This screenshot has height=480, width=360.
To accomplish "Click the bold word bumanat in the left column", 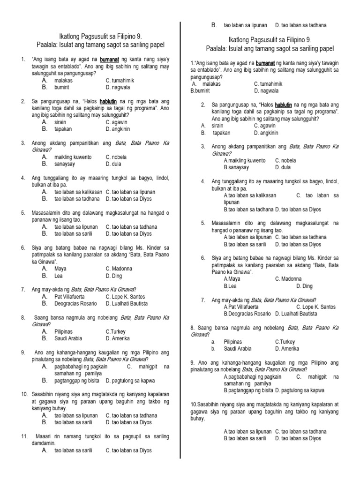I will [109, 60].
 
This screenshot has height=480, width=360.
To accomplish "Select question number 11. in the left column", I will [25, 436].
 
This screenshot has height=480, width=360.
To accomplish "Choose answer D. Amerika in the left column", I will [118, 338].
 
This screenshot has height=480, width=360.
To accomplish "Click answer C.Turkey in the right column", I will [285, 342].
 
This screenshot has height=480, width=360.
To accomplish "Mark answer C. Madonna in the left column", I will [119, 269].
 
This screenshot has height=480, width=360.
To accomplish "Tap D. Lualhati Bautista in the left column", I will [127, 303].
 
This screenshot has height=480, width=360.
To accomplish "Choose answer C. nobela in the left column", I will [117, 157].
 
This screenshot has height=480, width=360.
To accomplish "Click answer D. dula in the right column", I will [283, 167].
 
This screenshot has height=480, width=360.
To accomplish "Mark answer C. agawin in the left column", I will [117, 122].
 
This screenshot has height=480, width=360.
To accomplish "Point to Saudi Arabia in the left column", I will [68, 338].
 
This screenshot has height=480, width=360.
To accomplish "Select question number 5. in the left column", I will [23, 212].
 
